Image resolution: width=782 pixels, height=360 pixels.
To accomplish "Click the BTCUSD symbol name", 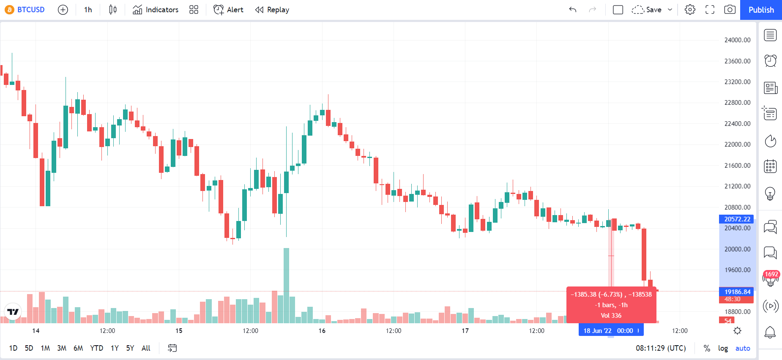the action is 31,10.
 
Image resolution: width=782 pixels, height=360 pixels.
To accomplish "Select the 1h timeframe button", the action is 88,10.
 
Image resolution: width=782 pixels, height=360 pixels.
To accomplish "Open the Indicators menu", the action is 156,10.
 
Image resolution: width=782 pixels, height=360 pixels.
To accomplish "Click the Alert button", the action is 229,10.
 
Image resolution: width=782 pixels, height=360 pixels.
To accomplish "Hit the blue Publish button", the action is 761,10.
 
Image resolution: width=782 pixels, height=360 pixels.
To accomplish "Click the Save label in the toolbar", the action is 653,10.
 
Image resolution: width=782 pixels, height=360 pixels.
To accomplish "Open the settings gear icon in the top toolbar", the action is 690,10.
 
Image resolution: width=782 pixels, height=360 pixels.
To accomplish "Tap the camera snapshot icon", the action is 730,10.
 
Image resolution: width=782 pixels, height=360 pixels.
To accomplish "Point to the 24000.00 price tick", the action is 738,40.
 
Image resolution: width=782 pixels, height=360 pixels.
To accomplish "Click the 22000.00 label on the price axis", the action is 738,145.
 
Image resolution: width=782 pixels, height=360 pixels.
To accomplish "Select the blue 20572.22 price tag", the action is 736,219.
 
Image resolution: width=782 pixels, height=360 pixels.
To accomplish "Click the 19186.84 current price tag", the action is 736,292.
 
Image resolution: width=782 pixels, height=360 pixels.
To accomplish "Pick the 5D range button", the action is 29,348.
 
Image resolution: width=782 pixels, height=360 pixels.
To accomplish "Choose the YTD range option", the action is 97,348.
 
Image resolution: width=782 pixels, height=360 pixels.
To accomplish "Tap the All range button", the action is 146,348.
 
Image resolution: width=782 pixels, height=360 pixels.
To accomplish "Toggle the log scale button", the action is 723,348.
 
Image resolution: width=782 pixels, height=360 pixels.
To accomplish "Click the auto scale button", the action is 743,348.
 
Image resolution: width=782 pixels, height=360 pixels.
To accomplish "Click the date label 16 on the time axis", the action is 322,331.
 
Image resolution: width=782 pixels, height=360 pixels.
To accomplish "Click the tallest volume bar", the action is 286,286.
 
